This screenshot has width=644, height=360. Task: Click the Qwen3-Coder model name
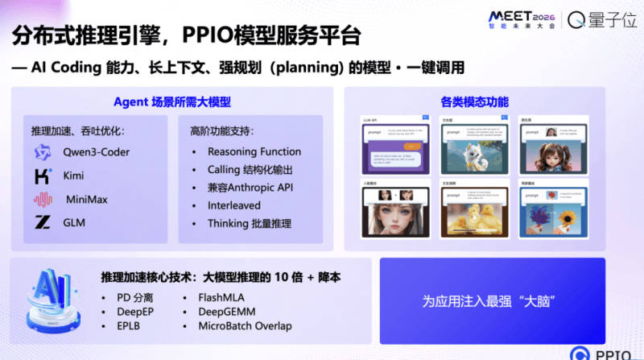(97, 152)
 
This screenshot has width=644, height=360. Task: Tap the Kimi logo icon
(43, 175)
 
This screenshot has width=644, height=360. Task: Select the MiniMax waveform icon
(43, 199)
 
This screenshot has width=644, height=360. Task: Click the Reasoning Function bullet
(254, 151)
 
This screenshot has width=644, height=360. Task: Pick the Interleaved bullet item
(235, 205)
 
